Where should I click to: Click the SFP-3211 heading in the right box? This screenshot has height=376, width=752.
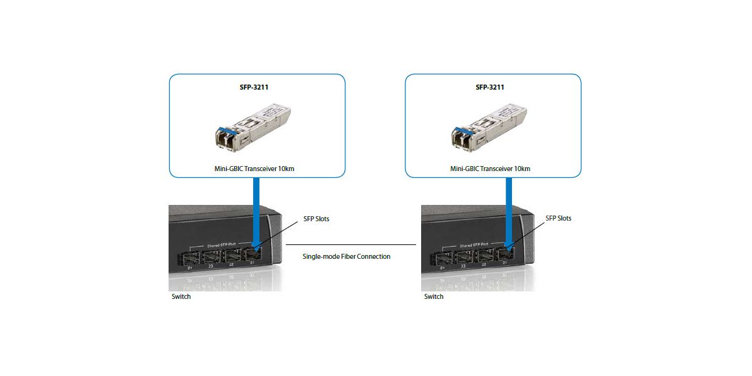coord(490,87)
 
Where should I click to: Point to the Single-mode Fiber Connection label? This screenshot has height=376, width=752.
coord(347,256)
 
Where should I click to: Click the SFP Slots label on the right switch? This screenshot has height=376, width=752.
coord(558,218)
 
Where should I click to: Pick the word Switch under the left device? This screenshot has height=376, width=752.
coord(181,296)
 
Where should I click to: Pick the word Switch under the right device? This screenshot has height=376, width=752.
coord(434,296)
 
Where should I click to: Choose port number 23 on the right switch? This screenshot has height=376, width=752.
coord(463,266)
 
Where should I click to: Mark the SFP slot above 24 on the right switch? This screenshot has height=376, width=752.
coord(441,256)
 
